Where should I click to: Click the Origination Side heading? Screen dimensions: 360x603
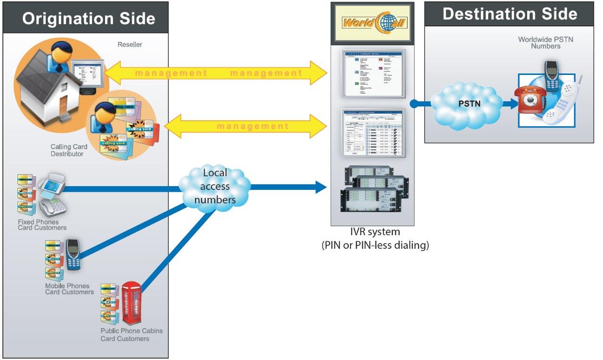tap(88, 18)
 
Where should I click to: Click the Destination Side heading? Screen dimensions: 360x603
tap(510, 14)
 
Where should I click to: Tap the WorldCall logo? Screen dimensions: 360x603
tap(372, 22)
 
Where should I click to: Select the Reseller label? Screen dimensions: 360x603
tap(130, 45)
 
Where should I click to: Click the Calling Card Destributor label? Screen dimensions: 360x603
tap(69, 150)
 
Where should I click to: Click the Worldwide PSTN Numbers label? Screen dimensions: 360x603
tap(546, 42)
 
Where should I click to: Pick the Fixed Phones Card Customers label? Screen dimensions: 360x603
tap(42, 225)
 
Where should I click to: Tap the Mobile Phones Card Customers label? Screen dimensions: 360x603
tap(69, 289)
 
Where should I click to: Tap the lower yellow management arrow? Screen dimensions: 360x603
tap(245, 126)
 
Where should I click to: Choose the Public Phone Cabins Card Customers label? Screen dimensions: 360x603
tap(131, 335)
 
